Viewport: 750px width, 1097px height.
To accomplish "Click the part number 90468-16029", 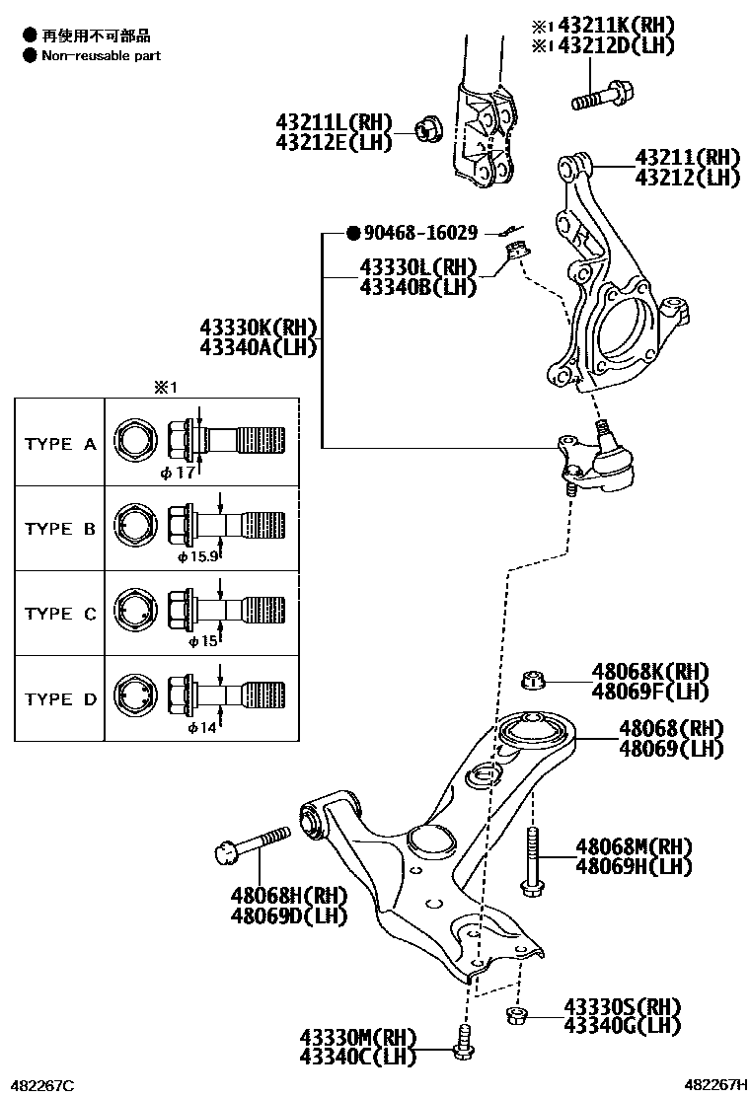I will (x=420, y=234).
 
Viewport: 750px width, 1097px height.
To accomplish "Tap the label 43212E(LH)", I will (x=334, y=141).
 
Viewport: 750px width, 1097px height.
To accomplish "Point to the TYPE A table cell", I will (x=60, y=444).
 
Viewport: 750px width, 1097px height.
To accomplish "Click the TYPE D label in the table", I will (x=60, y=699).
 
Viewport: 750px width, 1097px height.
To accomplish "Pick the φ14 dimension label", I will (x=201, y=727).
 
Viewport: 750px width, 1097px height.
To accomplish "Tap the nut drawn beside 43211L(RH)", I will (x=426, y=126).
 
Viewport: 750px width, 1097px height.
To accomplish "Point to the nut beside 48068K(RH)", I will (x=534, y=680).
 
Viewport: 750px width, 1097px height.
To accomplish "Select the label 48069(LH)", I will (x=671, y=749).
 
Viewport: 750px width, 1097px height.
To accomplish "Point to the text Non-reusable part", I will (x=101, y=56).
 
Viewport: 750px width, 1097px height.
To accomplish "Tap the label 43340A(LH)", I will (x=258, y=346).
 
